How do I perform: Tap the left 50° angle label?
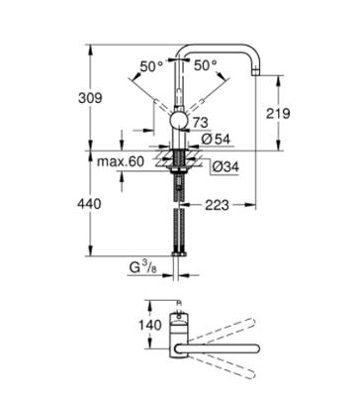pyautogui.click(x=150, y=66)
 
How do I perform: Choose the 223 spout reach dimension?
pyautogui.click(x=220, y=205)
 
